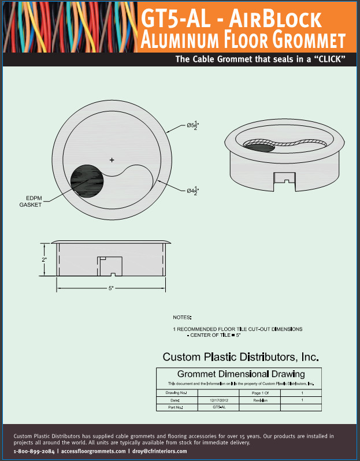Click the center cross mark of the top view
[x=112, y=159]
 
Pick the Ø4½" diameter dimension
[x=192, y=191]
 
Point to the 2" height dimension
[x=44, y=259]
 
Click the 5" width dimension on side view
[x=111, y=287]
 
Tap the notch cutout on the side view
[x=109, y=266]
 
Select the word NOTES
[x=183, y=317]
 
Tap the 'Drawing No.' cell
[x=177, y=393]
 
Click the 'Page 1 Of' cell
[x=261, y=393]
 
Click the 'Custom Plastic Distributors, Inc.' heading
[x=240, y=356]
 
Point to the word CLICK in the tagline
[x=325, y=60]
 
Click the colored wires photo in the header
[x=69, y=27]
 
